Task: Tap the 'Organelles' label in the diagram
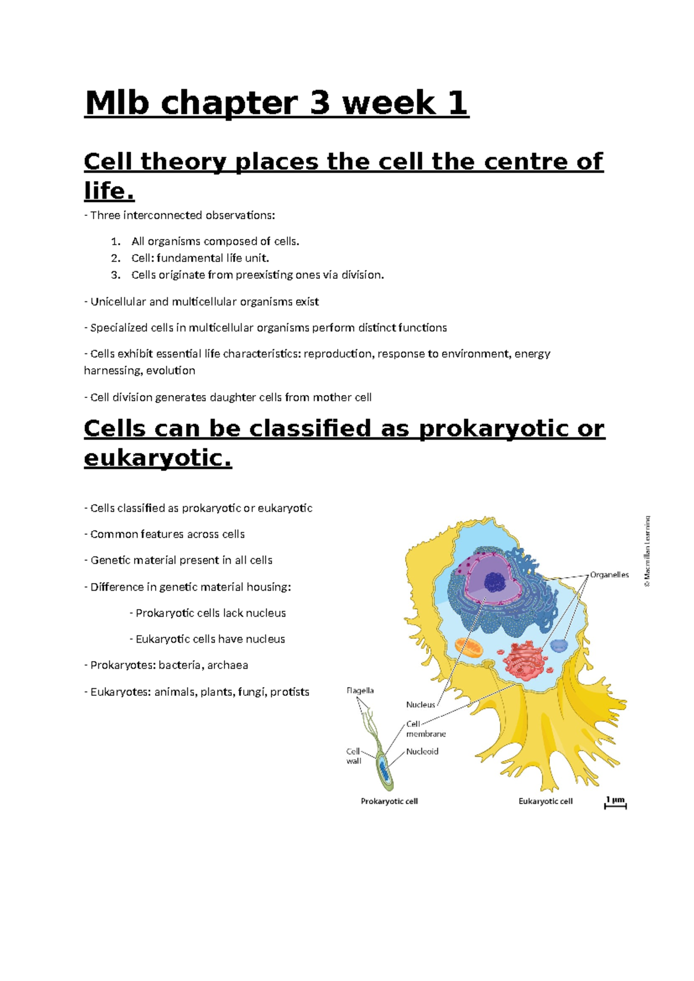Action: pos(609,575)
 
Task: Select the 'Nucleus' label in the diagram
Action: pos(420,705)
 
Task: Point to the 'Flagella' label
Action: pos(360,691)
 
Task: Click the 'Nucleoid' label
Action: pos(422,751)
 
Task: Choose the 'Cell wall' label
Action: pos(353,756)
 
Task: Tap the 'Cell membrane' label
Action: pos(426,729)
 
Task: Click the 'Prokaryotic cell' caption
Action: pos(389,801)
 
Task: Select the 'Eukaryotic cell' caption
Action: pos(545,801)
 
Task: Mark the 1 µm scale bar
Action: pos(615,803)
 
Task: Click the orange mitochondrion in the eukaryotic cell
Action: pos(468,647)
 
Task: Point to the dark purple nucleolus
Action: pos(495,582)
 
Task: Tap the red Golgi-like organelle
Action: pos(525,659)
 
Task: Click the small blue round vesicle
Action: pos(559,646)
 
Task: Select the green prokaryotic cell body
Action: pos(384,771)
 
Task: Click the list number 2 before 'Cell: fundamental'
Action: pos(116,258)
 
